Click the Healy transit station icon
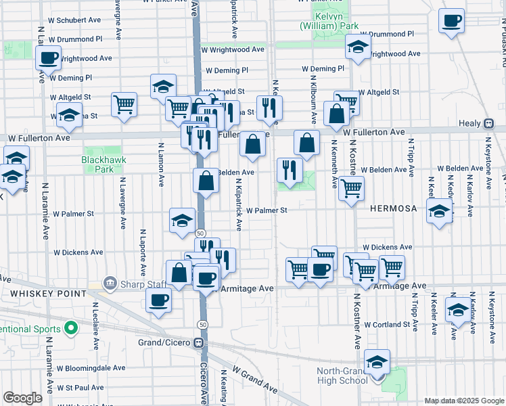pos(488,124)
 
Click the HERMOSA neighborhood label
pos(393,209)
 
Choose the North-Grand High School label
pos(343,376)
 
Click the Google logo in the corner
pos(22,398)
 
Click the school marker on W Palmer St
pos(182,220)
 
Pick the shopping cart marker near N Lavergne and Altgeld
pos(124,104)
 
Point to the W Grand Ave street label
pos(255,380)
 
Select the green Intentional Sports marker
pos(70,330)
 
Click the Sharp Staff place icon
pos(109,282)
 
